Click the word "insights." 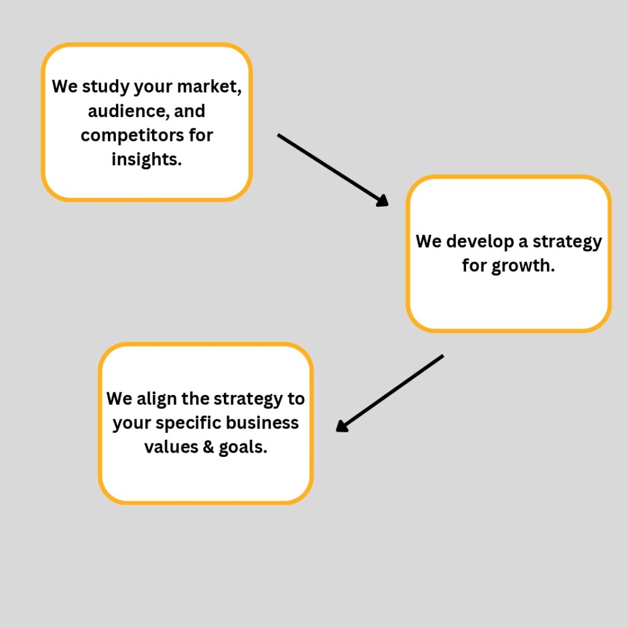click(147, 159)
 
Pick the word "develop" click(480, 242)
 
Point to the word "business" click(269, 423)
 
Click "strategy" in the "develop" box click(567, 242)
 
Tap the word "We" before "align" click(119, 399)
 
